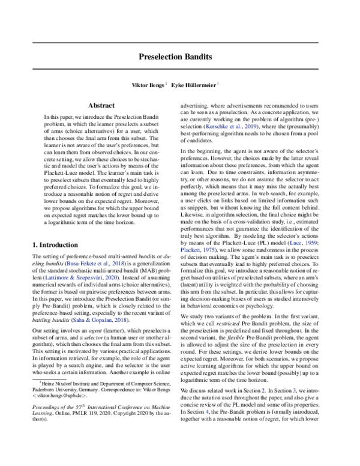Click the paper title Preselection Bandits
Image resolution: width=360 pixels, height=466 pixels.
[179, 61]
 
